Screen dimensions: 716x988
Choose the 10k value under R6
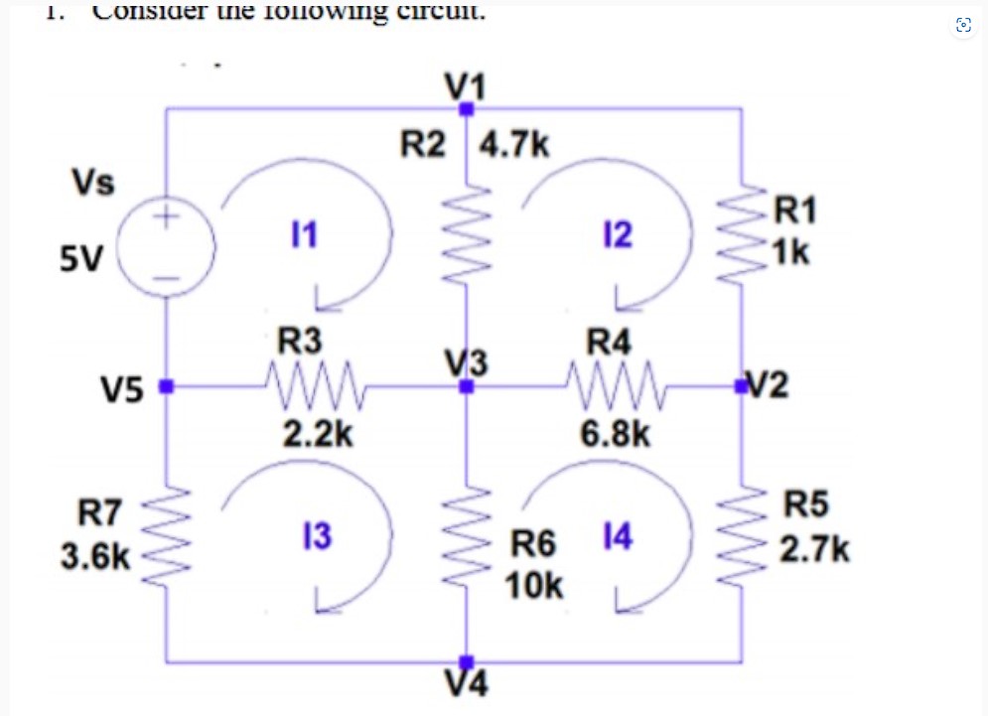point(535,586)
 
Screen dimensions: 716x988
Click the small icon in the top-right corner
point(962,26)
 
